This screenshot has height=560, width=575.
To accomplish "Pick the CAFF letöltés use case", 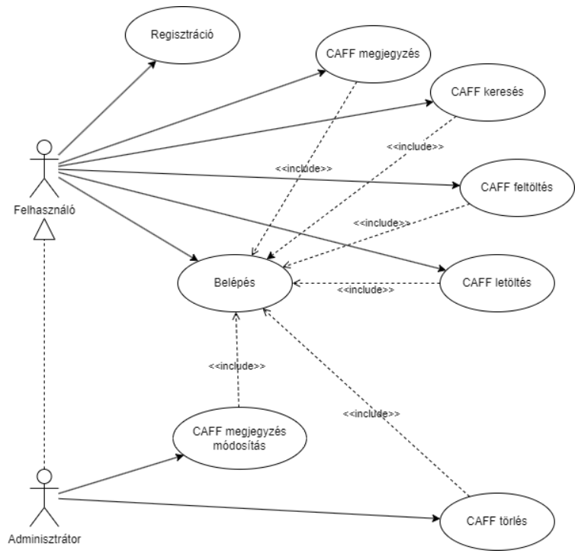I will coord(496,283).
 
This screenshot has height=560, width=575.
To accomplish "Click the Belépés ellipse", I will coord(235,283).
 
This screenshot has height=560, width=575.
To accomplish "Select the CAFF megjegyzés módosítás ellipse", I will coord(239,439).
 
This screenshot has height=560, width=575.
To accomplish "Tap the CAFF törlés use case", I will coord(496,522).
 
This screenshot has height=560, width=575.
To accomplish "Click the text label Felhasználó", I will coord(44,207).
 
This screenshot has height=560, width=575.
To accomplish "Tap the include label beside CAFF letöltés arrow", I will coord(366,290).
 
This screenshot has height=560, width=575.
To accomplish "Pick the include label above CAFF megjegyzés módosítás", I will coord(237,365).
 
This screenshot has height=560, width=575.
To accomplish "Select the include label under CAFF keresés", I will coord(416,145).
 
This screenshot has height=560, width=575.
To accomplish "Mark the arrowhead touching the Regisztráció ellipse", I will coord(152,64).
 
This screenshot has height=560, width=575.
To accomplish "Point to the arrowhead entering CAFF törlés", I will coord(435,520).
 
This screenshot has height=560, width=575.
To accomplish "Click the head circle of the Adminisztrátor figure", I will coord(44,476).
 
